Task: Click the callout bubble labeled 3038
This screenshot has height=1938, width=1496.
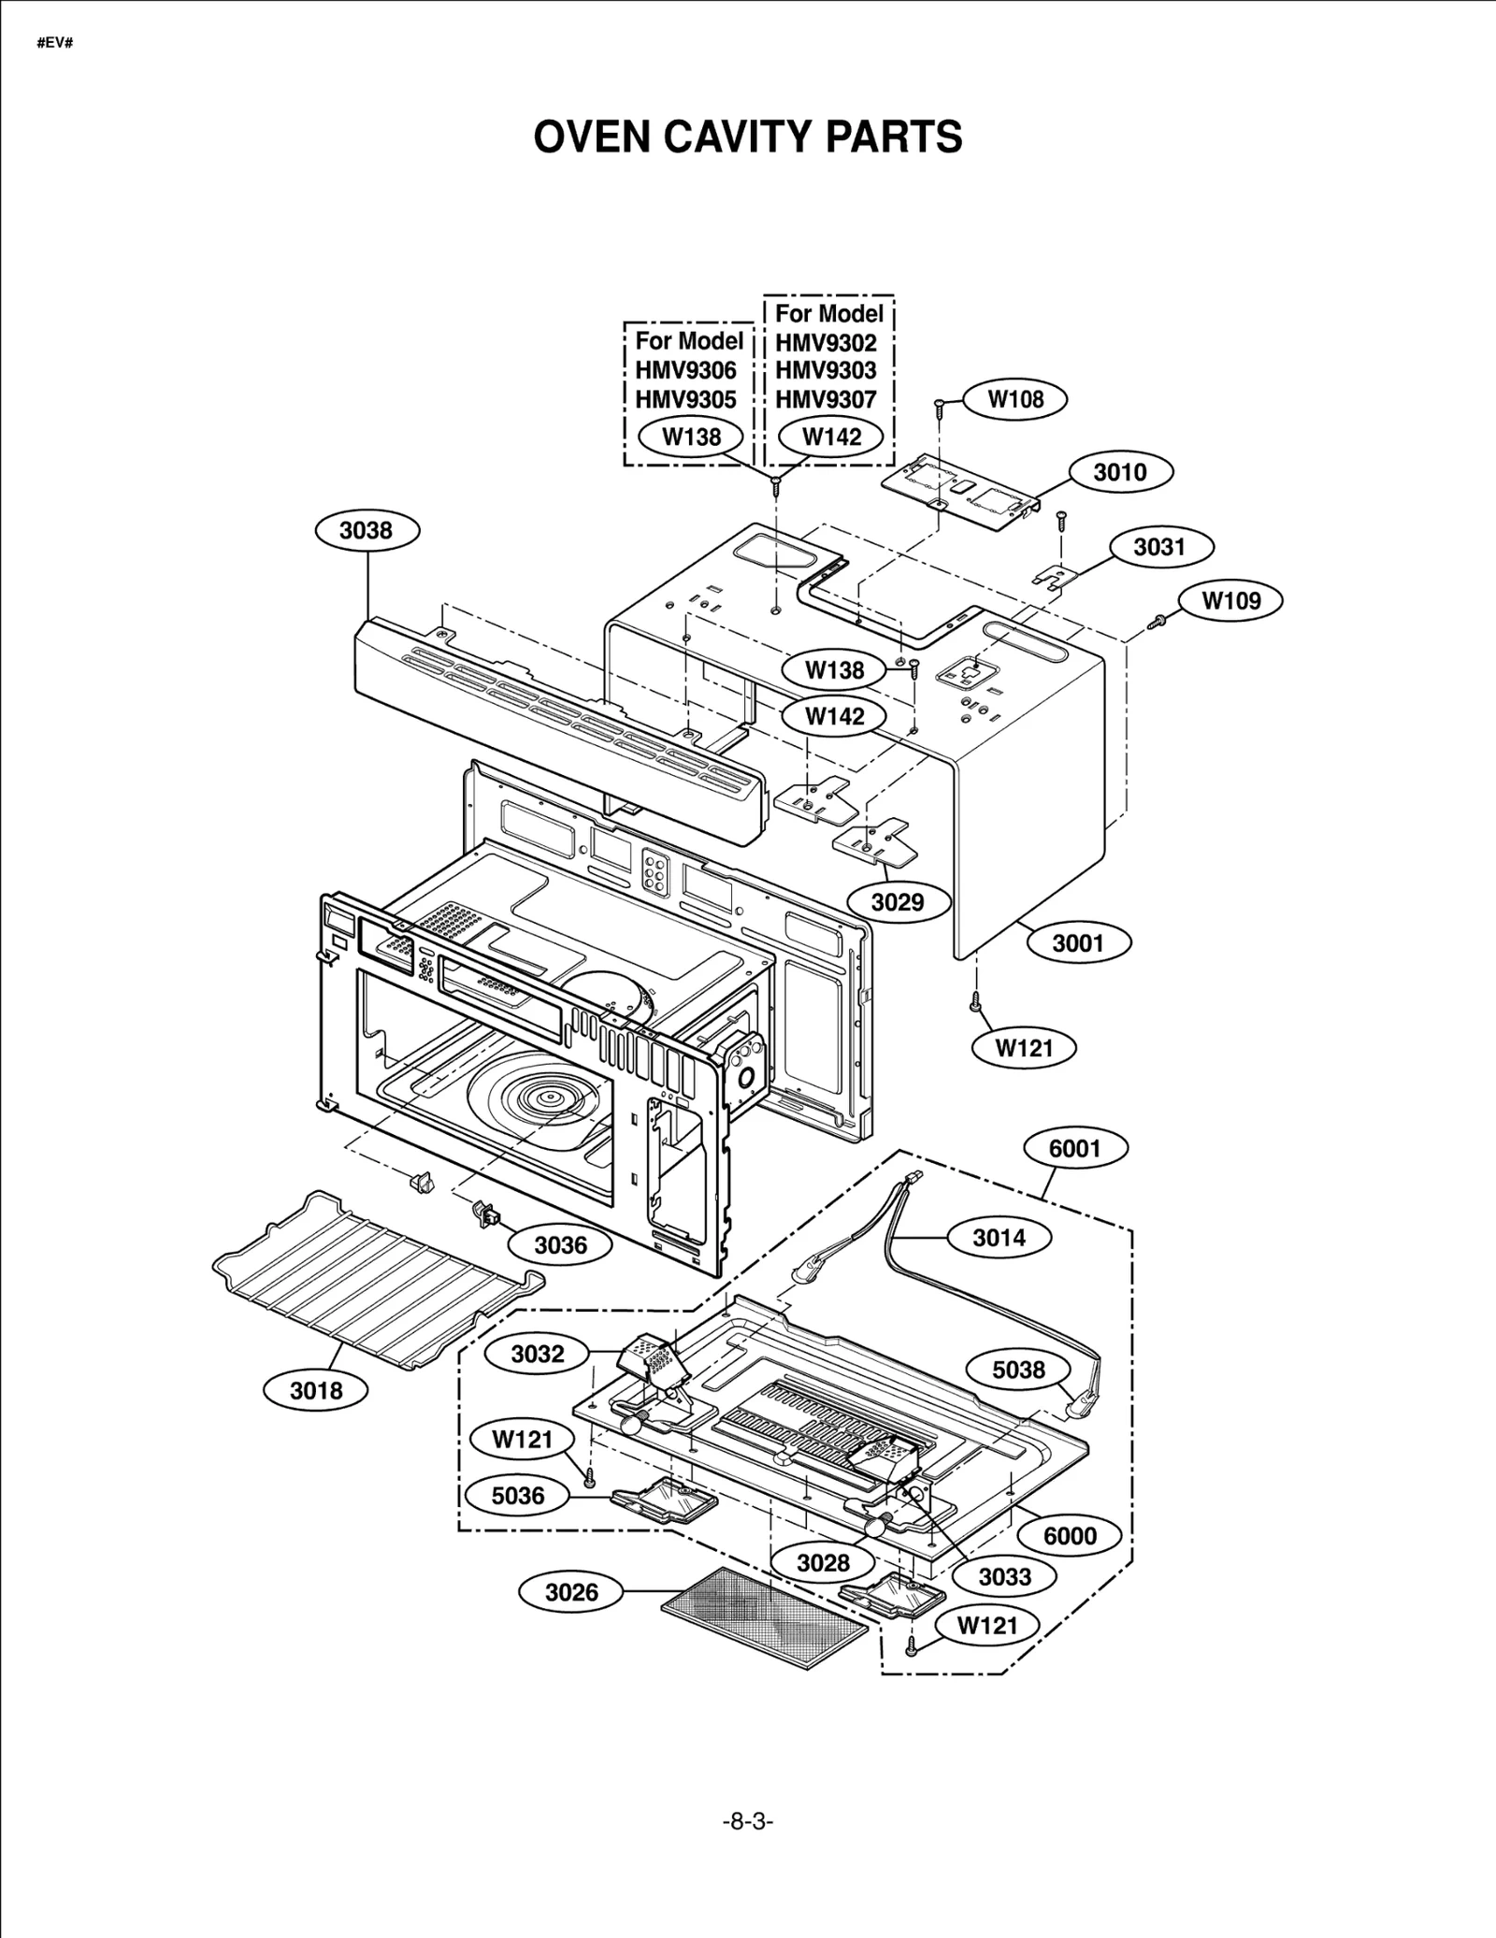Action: pyautogui.click(x=367, y=531)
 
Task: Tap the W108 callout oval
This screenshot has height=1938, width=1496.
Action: pyautogui.click(x=1015, y=399)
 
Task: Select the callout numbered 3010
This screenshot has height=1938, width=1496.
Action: pyautogui.click(x=1119, y=472)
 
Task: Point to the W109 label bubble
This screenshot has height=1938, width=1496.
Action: pyautogui.click(x=1230, y=600)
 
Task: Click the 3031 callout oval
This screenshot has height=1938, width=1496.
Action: pyautogui.click(x=1159, y=547)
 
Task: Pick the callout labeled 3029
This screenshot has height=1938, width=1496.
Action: pyautogui.click(x=898, y=902)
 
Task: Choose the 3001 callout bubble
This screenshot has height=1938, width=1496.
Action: pyautogui.click(x=1078, y=942)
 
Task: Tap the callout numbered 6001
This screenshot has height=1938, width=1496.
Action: pyautogui.click(x=1075, y=1148)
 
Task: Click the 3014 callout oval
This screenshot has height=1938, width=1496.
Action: pyautogui.click(x=999, y=1238)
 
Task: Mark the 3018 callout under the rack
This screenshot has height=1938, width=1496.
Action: pyautogui.click(x=316, y=1391)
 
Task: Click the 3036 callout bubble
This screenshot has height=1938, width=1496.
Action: pyautogui.click(x=560, y=1245)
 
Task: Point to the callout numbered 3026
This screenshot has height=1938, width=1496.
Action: pyautogui.click(x=571, y=1592)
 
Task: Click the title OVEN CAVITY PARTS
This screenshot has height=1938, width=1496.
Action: pyautogui.click(x=747, y=137)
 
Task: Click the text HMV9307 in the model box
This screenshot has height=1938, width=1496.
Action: pyautogui.click(x=826, y=399)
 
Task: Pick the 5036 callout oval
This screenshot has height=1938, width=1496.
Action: pyautogui.click(x=518, y=1496)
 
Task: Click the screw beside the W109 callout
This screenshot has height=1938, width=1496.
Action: pyautogui.click(x=1156, y=620)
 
